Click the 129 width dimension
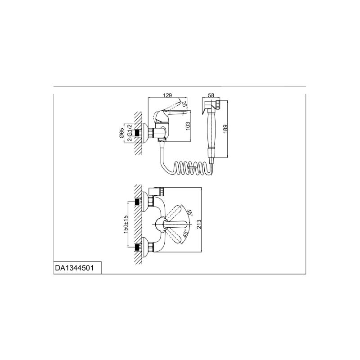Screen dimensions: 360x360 167,95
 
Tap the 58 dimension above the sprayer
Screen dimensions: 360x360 211,95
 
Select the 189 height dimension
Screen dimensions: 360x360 225,129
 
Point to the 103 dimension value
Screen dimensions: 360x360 188,126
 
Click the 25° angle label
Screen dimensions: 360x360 184,104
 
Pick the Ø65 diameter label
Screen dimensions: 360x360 121,133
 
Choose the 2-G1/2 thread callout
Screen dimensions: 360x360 129,133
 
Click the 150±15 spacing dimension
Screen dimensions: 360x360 126,224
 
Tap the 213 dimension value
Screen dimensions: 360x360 199,224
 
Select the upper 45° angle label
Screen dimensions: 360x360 189,213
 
